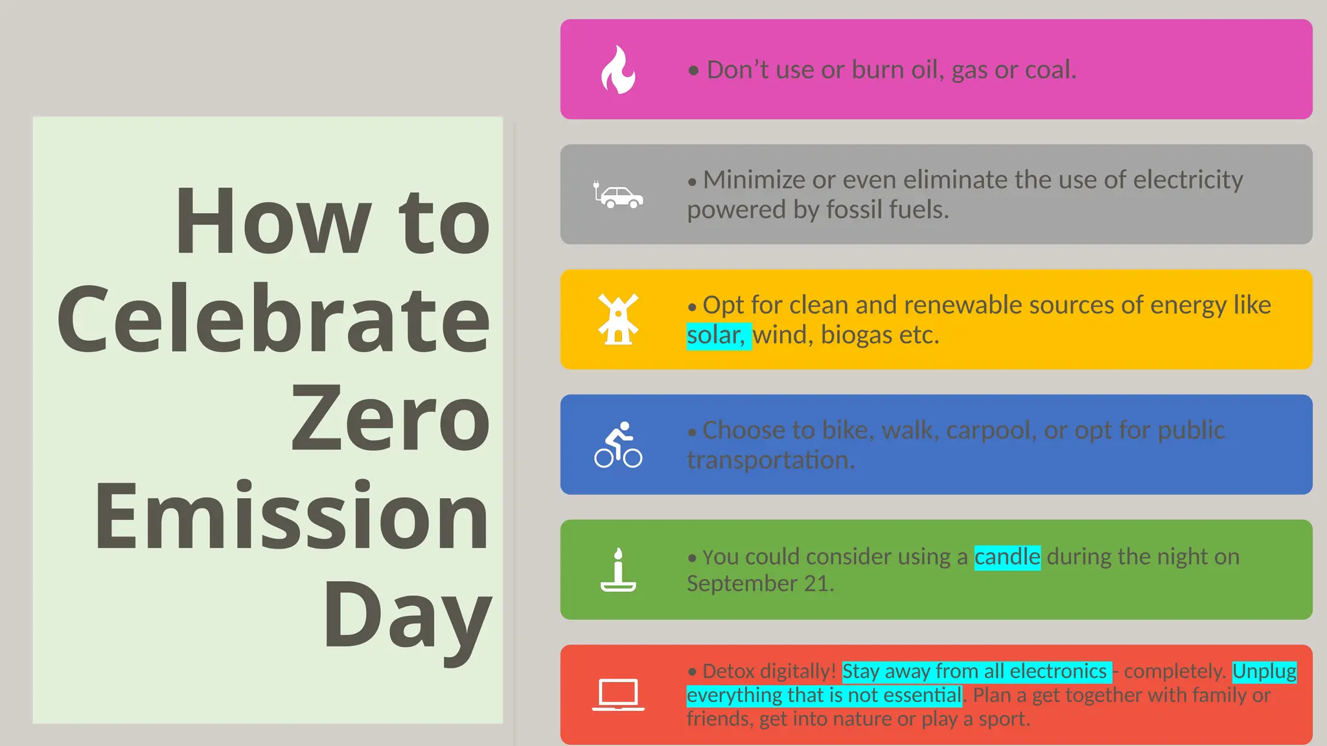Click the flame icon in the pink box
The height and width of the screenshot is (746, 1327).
[x=618, y=70]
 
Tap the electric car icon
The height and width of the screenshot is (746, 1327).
[x=619, y=196]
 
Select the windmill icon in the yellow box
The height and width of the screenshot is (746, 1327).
[x=618, y=319]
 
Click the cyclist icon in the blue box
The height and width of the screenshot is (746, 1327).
[x=618, y=445]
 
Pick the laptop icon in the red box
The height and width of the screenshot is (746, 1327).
[x=618, y=695]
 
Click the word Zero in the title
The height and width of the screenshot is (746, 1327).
[x=390, y=418]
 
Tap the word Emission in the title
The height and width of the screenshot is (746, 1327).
[x=292, y=516]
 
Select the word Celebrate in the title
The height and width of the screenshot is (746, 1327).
[x=273, y=319]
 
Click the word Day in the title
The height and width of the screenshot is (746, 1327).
[x=407, y=615]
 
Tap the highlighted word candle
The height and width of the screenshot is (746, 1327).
[x=1007, y=557]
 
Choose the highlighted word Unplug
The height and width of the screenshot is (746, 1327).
[x=1264, y=672]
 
